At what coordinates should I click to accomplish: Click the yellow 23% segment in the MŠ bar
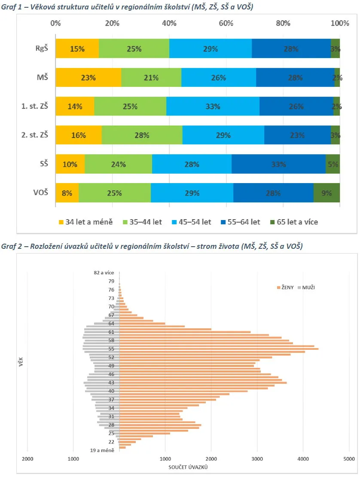pyautogui.click(x=88, y=78)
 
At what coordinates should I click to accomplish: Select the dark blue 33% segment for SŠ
pyautogui.click(x=278, y=164)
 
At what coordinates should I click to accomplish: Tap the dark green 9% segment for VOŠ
pyautogui.click(x=326, y=193)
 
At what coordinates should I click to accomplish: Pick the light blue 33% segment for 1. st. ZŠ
pyautogui.click(x=213, y=106)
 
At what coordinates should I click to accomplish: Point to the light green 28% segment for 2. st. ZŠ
pyautogui.click(x=142, y=135)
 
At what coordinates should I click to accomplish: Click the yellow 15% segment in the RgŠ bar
pyautogui.click(x=77, y=49)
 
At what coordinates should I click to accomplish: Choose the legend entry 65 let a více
pyautogui.click(x=294, y=222)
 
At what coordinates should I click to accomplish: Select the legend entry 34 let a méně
pyautogui.click(x=86, y=222)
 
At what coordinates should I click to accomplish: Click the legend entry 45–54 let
pyautogui.click(x=191, y=222)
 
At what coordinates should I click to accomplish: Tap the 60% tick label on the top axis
pyautogui.click(x=226, y=23)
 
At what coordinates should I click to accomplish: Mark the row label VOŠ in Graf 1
pyautogui.click(x=41, y=192)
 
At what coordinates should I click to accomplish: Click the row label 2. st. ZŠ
pyautogui.click(x=35, y=135)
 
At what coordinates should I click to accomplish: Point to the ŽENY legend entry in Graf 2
pyautogui.click(x=285, y=287)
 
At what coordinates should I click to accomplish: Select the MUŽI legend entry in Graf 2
pyautogui.click(x=306, y=287)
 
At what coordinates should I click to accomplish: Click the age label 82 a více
pyautogui.click(x=104, y=272)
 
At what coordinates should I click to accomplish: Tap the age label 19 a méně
pyautogui.click(x=102, y=450)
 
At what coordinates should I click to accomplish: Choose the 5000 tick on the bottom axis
pyautogui.click(x=349, y=459)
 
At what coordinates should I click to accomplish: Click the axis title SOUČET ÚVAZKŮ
pyautogui.click(x=188, y=467)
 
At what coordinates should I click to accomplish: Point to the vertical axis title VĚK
pyautogui.click(x=21, y=362)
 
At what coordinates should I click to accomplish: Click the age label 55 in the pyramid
pyautogui.click(x=111, y=349)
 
